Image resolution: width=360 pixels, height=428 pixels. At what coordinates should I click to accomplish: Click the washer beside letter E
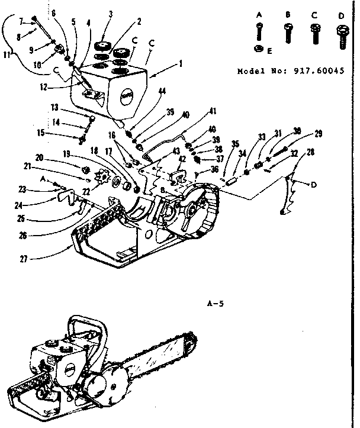tap(259, 49)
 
